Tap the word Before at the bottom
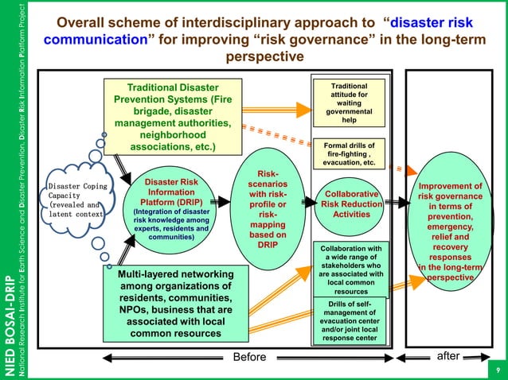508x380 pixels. click(249, 357)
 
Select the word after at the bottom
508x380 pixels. click(448, 356)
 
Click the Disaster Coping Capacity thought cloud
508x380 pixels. click(75, 200)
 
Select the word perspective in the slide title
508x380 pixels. click(265, 57)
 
